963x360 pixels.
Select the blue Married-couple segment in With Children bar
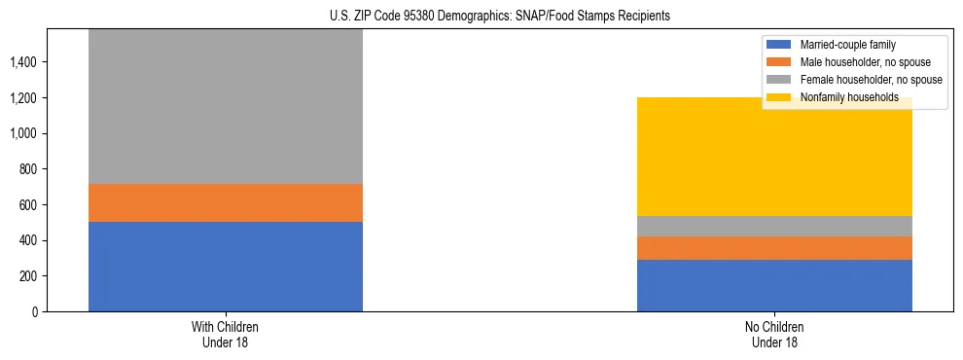click(226, 267)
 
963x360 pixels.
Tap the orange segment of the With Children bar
click(226, 202)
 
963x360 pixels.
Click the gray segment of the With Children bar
click(226, 107)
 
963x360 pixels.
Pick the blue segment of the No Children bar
click(774, 285)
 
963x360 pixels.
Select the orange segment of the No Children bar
click(774, 248)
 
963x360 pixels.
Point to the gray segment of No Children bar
click(774, 226)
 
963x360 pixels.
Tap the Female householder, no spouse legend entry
click(862, 80)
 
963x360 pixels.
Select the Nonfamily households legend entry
click(842, 97)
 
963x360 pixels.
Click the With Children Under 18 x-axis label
click(226, 335)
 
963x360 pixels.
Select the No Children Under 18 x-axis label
click(774, 335)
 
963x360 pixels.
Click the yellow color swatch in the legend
click(779, 97)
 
